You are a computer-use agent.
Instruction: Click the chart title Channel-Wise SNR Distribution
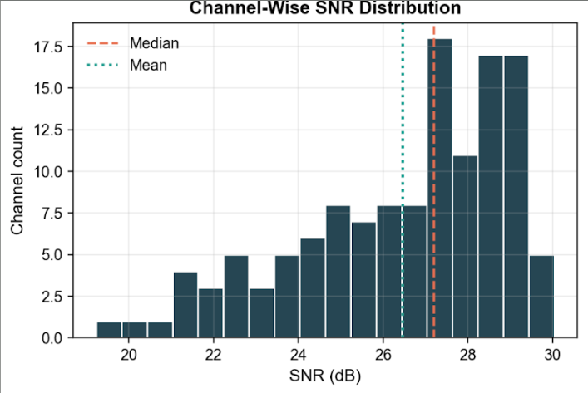tap(324, 9)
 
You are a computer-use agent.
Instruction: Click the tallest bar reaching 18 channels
tap(440, 191)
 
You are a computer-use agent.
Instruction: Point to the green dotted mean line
tap(403, 125)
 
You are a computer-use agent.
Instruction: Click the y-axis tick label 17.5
tap(47, 47)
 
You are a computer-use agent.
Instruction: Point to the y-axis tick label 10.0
tap(47, 172)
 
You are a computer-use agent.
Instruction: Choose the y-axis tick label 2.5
tap(50, 297)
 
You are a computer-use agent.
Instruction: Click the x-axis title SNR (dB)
tap(319, 375)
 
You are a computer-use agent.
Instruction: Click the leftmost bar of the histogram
tap(110, 330)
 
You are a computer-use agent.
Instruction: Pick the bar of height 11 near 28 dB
tap(465, 249)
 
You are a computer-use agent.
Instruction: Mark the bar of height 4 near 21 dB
tap(185, 305)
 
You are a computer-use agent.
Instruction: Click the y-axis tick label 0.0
tap(50, 338)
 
